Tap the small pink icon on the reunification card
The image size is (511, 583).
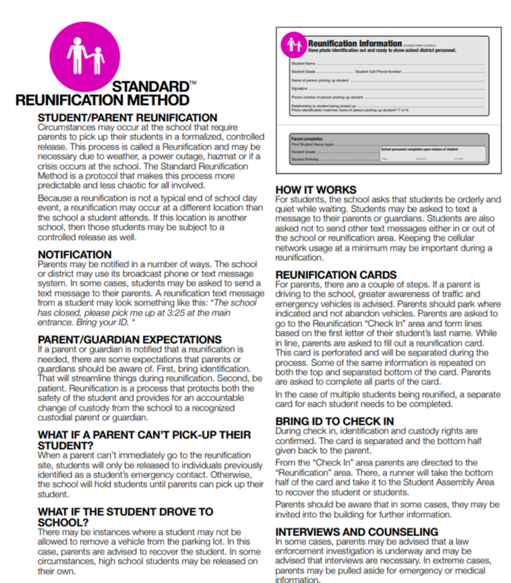pyautogui.click(x=293, y=46)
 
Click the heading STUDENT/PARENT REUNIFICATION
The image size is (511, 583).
pyautogui.click(x=127, y=118)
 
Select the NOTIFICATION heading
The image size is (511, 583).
pyautogui.click(x=75, y=255)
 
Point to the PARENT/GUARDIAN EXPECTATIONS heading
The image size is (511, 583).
pyautogui.click(x=130, y=340)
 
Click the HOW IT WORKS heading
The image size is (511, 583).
pyautogui.click(x=315, y=190)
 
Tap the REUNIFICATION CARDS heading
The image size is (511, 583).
pyautogui.click(x=335, y=275)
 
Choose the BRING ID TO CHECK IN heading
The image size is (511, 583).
pyautogui.click(x=334, y=421)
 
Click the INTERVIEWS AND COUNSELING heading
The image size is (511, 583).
pyautogui.click(x=357, y=532)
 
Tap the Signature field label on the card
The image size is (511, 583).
pyautogui.click(x=299, y=88)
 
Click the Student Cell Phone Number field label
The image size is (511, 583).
pyautogui.click(x=378, y=71)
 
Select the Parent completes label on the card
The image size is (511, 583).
pyautogui.click(x=307, y=138)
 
